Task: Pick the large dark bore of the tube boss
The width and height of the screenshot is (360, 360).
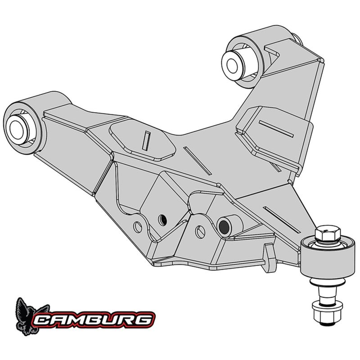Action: (x=223, y=224)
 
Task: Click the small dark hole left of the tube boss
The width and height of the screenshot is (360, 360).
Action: (x=163, y=219)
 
